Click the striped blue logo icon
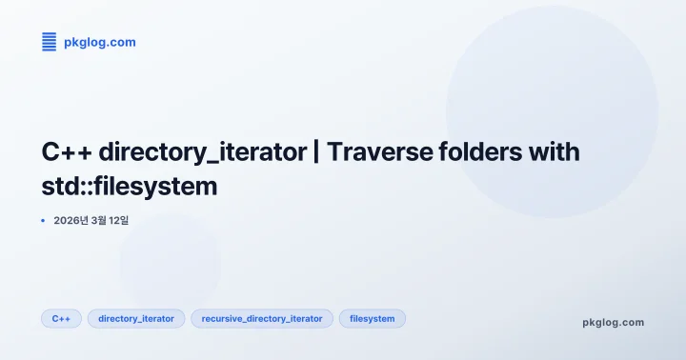pos(50,42)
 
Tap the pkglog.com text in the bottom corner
pos(613,323)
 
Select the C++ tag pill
pos(61,319)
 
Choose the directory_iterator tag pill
pos(136,319)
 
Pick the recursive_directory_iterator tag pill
pos(262,319)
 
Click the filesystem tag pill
pos(373,319)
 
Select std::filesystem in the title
pos(130,187)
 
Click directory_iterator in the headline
pos(200,151)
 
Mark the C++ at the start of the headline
pos(67,151)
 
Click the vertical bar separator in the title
pos(316,151)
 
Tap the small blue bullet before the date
pos(44,220)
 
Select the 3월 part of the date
pos(99,220)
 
